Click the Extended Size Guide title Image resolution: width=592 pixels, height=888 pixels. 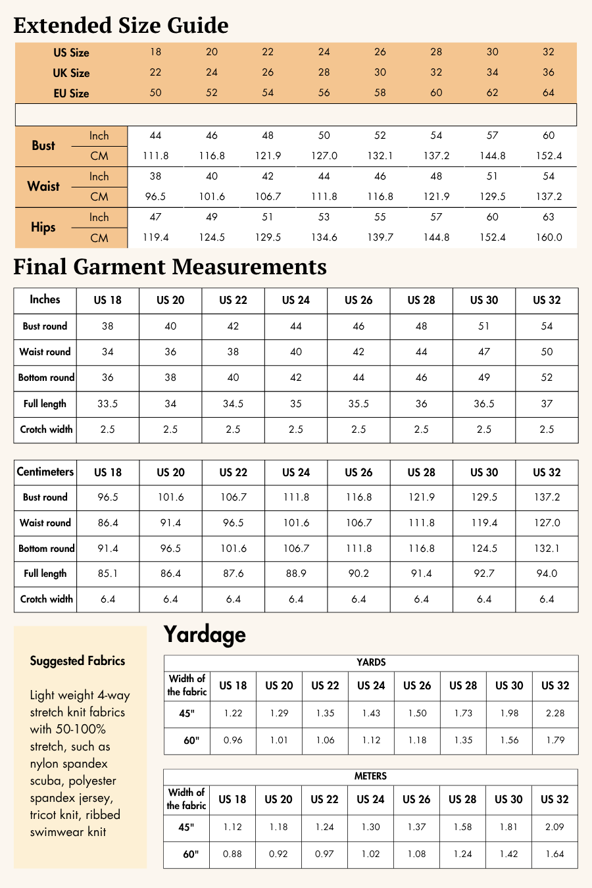tap(121, 25)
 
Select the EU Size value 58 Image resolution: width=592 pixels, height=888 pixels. tap(380, 93)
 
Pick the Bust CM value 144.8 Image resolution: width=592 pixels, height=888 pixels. tap(493, 156)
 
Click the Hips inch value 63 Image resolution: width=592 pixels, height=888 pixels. tap(549, 217)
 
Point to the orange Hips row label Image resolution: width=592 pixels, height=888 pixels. tap(43, 228)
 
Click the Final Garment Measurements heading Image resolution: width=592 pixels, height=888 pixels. tap(170, 266)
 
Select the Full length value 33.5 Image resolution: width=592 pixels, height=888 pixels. tap(108, 404)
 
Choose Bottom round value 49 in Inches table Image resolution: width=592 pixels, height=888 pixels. tap(484, 378)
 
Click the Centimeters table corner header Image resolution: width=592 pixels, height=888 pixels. tap(45, 472)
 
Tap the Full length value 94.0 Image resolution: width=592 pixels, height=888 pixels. tap(547, 574)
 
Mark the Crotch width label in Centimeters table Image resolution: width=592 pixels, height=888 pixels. tap(46, 599)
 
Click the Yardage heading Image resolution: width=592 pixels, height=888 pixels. tap(205, 634)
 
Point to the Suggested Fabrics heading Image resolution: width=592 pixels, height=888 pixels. tap(78, 661)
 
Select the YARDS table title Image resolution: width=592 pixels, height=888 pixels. tap(371, 662)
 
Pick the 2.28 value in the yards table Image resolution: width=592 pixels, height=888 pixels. tap(555, 713)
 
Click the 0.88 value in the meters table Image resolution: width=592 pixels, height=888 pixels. tap(233, 854)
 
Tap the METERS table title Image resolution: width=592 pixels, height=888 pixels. tap(370, 776)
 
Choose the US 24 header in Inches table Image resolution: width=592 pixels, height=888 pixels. tap(296, 301)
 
